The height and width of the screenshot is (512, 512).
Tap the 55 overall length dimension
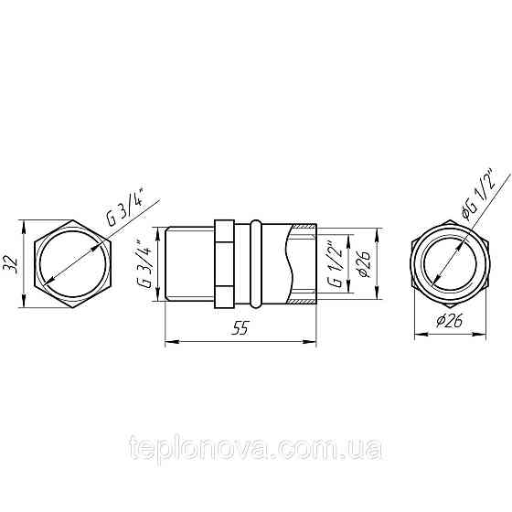(x=240, y=331)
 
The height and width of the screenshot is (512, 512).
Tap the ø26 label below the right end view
(x=448, y=322)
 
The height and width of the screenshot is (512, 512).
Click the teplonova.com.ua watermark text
(x=256, y=449)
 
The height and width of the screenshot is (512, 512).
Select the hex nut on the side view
(x=224, y=262)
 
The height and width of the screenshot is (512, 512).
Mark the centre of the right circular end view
(x=447, y=261)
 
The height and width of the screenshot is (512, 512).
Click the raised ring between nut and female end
(x=256, y=262)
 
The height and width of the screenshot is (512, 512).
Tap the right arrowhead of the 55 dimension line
(x=315, y=343)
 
